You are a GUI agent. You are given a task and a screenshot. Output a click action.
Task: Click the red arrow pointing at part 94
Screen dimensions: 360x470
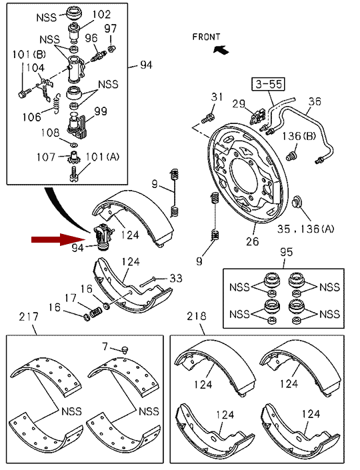tap(59, 239)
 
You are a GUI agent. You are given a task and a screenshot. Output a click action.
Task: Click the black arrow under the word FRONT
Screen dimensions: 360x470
tap(221, 50)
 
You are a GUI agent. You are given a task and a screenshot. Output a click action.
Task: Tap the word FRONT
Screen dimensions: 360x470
tap(206, 37)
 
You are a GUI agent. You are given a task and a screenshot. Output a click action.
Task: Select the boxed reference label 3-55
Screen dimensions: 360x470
tap(269, 84)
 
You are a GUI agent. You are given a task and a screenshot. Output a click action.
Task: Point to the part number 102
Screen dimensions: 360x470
tap(101, 14)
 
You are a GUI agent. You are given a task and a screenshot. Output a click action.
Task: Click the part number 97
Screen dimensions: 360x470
tap(110, 28)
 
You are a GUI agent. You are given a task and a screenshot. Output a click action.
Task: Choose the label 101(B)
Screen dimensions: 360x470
tap(29, 54)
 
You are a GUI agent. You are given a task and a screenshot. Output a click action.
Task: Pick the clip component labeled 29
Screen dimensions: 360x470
tap(257, 117)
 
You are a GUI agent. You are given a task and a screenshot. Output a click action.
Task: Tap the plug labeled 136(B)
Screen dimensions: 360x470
tap(291, 155)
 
